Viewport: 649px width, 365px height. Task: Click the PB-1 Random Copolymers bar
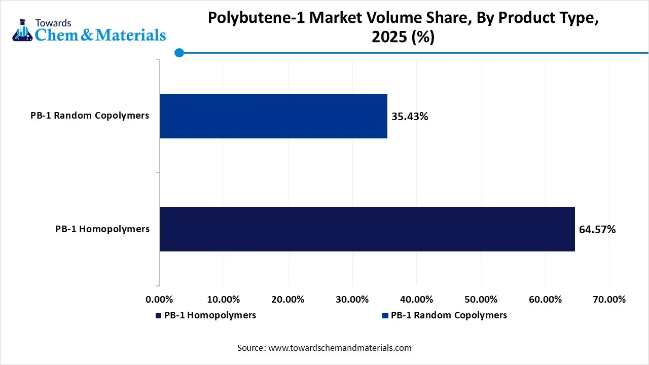click(274, 116)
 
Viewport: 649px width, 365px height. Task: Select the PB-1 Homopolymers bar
click(368, 229)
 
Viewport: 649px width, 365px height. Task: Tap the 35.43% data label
click(410, 117)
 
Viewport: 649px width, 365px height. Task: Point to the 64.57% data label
click(597, 230)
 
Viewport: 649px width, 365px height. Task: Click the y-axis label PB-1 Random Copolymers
click(90, 116)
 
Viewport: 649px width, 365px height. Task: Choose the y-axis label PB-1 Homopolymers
click(102, 229)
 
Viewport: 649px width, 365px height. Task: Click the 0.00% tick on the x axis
click(160, 300)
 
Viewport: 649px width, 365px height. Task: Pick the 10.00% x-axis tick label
click(224, 300)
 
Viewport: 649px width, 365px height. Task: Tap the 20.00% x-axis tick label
click(288, 300)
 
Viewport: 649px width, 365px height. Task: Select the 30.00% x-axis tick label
click(352, 300)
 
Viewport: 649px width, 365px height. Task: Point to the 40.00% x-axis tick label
click(416, 300)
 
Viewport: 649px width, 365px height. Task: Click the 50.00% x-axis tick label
click(481, 300)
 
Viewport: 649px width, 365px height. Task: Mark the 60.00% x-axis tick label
click(545, 300)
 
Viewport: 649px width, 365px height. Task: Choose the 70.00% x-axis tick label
click(609, 300)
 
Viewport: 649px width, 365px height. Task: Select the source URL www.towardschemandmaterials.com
click(340, 348)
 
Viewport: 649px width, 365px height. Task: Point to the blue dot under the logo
click(179, 53)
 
